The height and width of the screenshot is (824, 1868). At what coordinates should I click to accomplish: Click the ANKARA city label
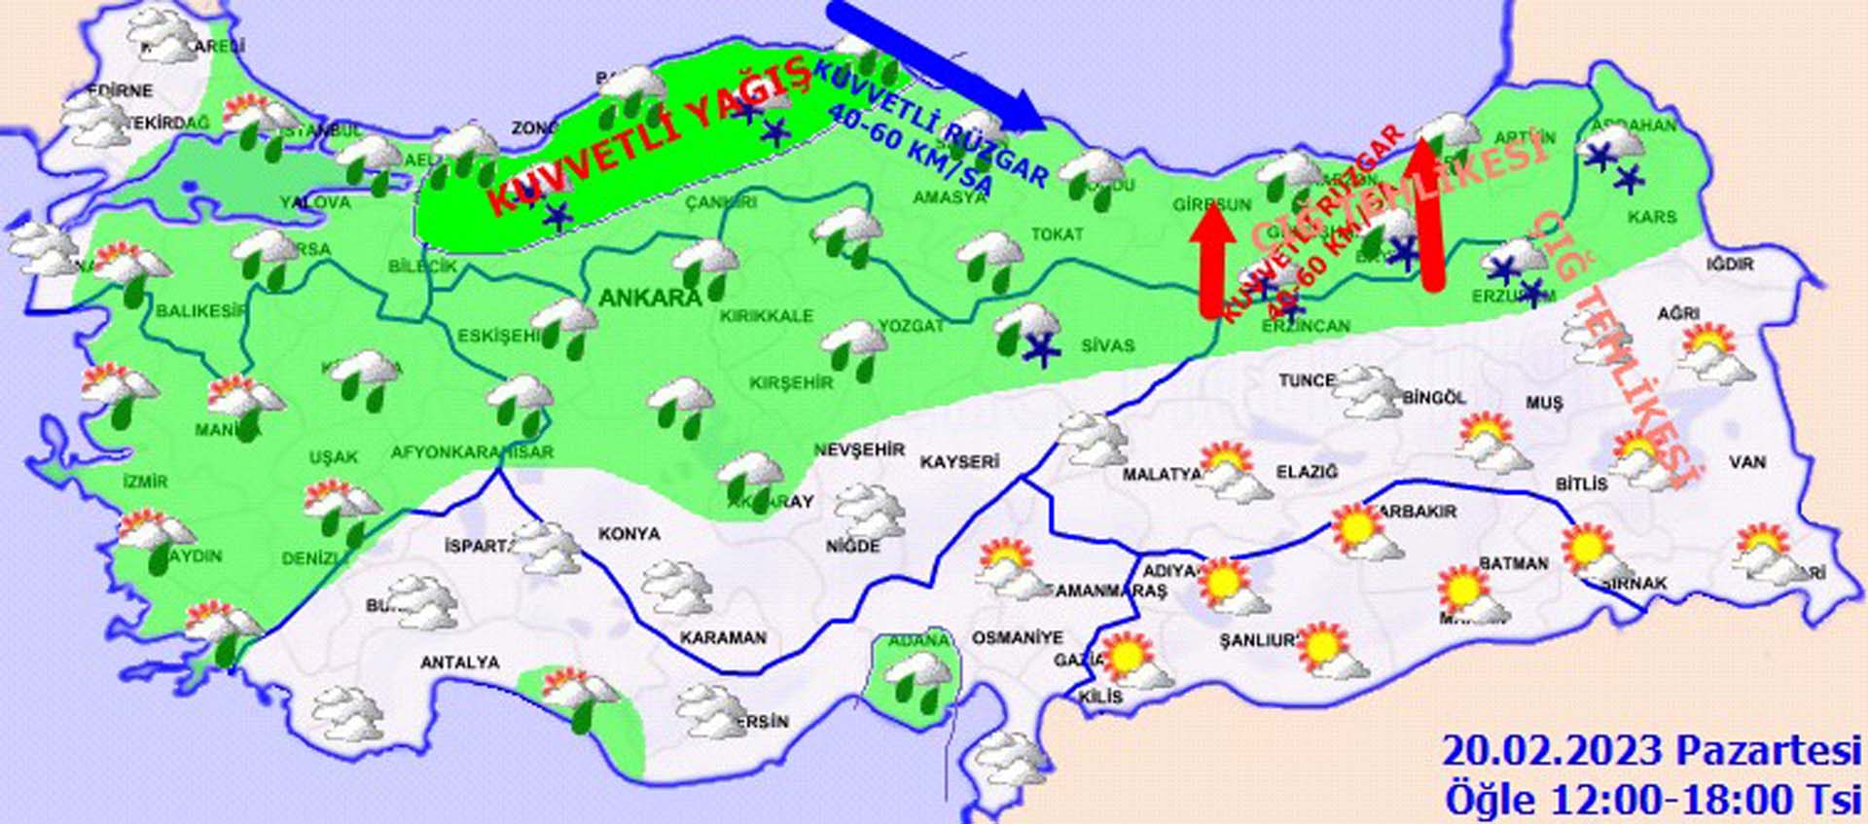(x=650, y=298)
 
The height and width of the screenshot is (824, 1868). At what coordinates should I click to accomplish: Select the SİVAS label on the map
(x=1107, y=345)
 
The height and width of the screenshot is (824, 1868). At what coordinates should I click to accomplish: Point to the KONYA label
(x=629, y=534)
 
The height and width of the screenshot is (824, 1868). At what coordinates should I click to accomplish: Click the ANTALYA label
(x=460, y=663)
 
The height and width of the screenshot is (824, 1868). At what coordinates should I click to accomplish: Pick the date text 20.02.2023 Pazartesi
(x=1651, y=751)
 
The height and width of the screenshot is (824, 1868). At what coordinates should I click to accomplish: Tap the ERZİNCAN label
(x=1306, y=327)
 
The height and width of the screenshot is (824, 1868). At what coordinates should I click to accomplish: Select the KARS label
(x=1652, y=216)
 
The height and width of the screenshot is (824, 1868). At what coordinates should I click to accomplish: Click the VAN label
(x=1747, y=461)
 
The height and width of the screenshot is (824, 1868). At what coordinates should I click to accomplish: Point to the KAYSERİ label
(x=959, y=461)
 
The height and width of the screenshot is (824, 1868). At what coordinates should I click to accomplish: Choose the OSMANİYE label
(x=1018, y=638)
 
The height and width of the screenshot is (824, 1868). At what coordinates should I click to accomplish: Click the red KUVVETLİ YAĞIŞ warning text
(x=647, y=136)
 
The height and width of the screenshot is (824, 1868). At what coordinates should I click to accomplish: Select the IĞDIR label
(x=1730, y=264)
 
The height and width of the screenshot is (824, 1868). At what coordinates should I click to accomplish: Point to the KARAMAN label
(x=723, y=638)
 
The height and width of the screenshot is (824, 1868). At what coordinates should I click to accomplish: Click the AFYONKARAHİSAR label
(x=472, y=452)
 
